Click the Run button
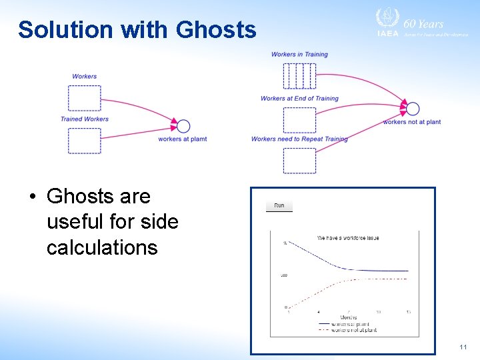point(279,205)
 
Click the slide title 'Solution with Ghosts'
point(137,30)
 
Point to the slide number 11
point(463,347)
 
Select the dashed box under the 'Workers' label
point(84,98)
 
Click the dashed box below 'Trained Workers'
point(84,141)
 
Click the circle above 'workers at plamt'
point(183,126)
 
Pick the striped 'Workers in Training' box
point(299,75)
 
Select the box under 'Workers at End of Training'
point(299,120)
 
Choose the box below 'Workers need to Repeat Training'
point(299,161)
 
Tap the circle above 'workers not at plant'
point(413,109)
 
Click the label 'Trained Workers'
point(84,119)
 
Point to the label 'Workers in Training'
point(299,54)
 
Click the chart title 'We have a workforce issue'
point(347,238)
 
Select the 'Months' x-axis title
point(348,317)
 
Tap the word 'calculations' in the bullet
point(102,247)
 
